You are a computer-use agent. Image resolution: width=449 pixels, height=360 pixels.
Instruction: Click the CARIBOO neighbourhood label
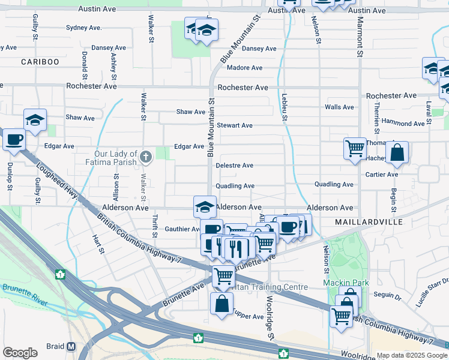pyautogui.click(x=40, y=62)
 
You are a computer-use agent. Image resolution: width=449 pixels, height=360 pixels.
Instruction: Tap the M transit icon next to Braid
pyautogui.click(x=71, y=347)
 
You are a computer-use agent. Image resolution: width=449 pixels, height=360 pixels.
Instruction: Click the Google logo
pyautogui.click(x=20, y=353)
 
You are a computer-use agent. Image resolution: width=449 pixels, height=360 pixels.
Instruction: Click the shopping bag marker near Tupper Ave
pyautogui.click(x=221, y=304)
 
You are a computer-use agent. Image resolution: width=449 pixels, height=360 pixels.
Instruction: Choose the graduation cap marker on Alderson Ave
pyautogui.click(x=205, y=207)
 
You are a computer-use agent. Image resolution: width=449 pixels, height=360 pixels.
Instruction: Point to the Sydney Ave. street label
pyautogui.click(x=84, y=28)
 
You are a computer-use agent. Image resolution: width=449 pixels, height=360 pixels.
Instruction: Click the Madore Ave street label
pyautogui.click(x=245, y=68)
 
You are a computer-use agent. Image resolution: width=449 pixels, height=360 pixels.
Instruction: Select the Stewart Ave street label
pyautogui.click(x=235, y=125)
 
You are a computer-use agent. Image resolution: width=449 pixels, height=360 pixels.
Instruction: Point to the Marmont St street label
pyautogui.click(x=360, y=38)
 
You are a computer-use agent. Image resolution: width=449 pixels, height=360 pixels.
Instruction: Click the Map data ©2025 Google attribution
pyautogui.click(x=412, y=355)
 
